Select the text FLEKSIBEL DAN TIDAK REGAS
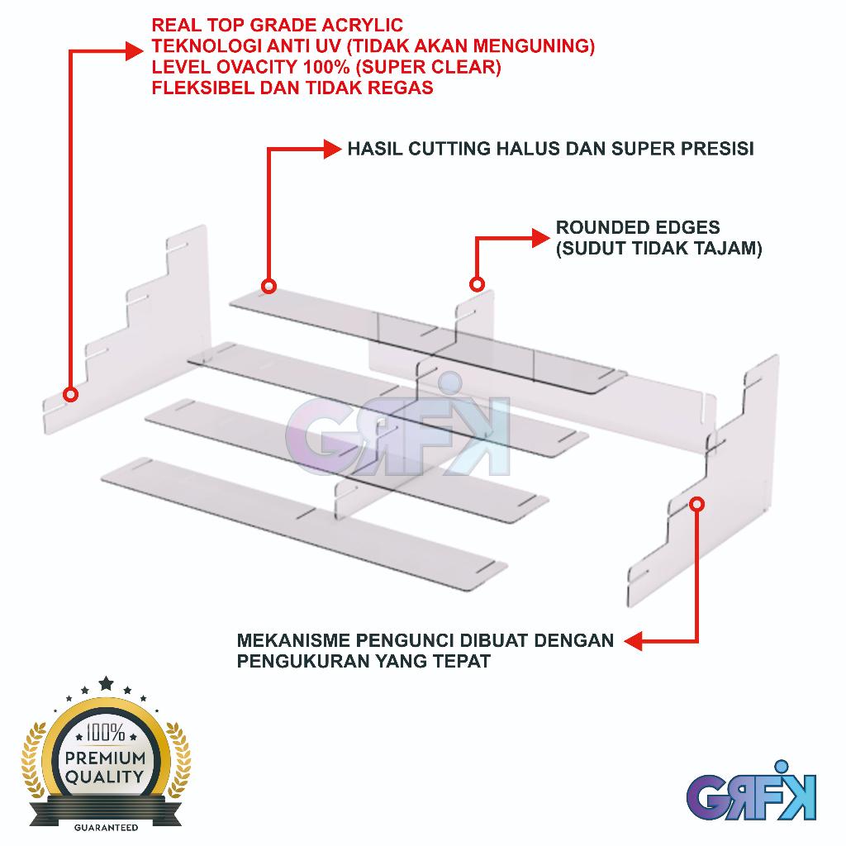(x=292, y=88)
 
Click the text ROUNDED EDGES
(x=638, y=227)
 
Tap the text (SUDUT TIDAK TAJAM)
(x=658, y=248)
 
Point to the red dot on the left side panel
(x=71, y=394)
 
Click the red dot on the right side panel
(x=697, y=502)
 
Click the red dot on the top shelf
(x=269, y=287)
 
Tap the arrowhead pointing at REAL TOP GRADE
(x=136, y=50)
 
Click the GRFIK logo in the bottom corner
(x=751, y=796)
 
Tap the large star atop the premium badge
(x=106, y=683)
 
